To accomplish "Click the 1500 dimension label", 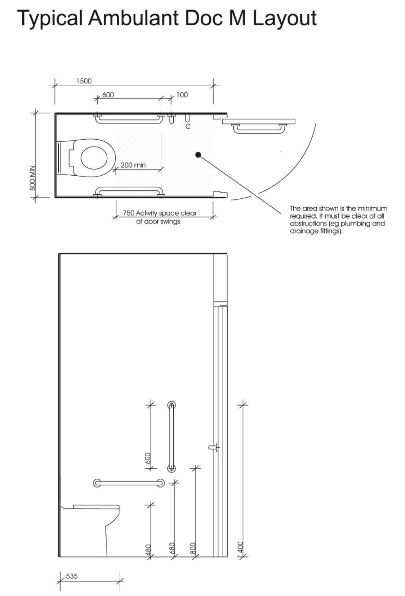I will [84, 81].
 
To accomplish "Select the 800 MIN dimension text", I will [33, 177].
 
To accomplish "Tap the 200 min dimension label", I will [133, 165].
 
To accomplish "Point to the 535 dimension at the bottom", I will [72, 576].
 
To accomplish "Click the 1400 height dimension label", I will [240, 548].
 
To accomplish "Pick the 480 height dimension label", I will [148, 549].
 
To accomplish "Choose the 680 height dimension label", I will [172, 548].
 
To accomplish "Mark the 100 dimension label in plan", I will [182, 95].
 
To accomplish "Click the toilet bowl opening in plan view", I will [94, 158].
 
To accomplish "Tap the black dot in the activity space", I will [198, 155].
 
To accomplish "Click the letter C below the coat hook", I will [188, 127].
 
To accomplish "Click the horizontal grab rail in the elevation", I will [129, 483].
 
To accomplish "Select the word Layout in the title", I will [285, 18].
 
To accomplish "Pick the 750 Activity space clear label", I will [159, 213].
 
